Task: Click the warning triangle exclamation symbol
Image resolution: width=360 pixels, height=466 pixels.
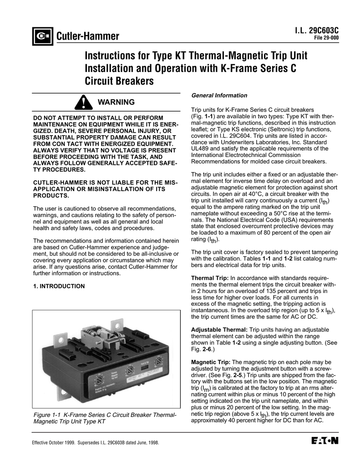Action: (83, 102)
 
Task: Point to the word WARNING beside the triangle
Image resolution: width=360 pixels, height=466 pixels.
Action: (117, 102)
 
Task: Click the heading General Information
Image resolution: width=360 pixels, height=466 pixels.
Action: (219, 96)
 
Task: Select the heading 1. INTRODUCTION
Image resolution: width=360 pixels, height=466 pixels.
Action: (59, 286)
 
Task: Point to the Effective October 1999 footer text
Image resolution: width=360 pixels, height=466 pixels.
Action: (95, 443)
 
